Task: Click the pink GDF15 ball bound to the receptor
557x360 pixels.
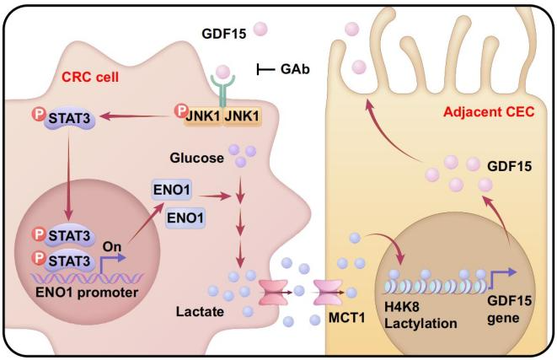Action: (x=223, y=73)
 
